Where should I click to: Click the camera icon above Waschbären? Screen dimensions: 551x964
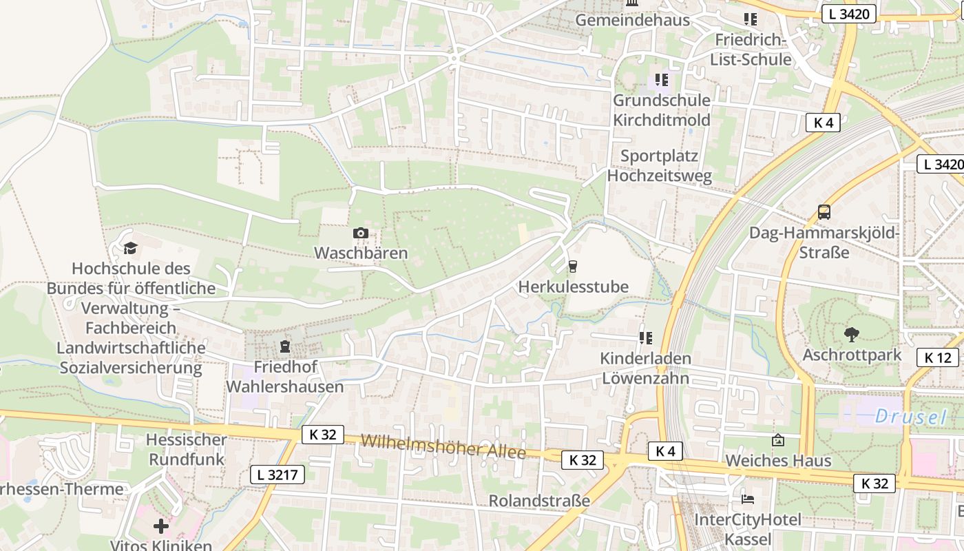pos(360,233)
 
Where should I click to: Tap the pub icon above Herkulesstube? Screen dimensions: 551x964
pos(572,267)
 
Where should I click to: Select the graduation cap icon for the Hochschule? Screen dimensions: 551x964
pos(130,248)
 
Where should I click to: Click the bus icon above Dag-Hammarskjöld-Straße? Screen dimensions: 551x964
pos(824,212)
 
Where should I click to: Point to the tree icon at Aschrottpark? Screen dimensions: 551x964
pos(852,335)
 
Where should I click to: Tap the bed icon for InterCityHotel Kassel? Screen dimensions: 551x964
pos(748,499)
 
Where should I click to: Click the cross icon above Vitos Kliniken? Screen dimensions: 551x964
pos(161,527)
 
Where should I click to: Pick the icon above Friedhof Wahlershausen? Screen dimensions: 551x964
pos(285,346)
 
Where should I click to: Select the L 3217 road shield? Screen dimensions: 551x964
pos(277,474)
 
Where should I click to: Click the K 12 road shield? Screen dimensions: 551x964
pos(938,357)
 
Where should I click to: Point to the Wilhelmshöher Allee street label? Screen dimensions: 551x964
pos(443,446)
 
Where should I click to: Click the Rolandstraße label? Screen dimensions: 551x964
pos(539,501)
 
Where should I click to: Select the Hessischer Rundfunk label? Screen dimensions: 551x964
pos(187,449)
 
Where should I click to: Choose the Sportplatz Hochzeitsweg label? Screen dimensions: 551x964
pos(659,165)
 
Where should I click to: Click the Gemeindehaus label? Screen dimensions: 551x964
pos(632,20)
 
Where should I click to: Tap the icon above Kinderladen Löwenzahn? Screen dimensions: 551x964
pos(645,337)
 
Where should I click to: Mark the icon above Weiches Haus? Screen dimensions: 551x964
pos(778,440)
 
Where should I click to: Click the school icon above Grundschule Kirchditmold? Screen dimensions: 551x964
pos(662,80)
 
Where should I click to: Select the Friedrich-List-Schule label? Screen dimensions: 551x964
pos(751,50)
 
